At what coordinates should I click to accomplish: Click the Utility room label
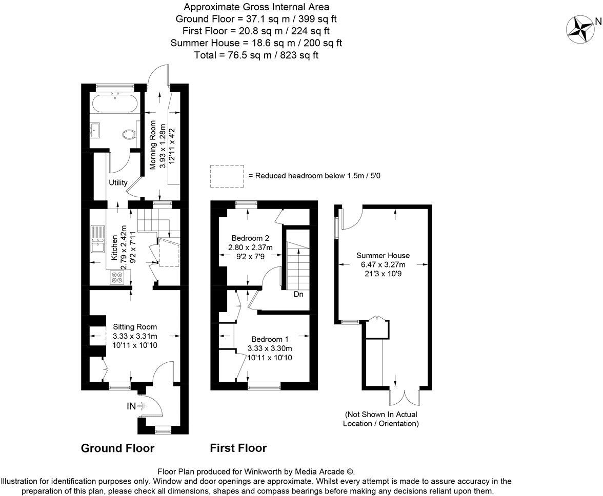pyautogui.click(x=118, y=182)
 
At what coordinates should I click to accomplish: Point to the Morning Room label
pyautogui.click(x=152, y=144)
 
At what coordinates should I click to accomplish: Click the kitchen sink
pyautogui.click(x=97, y=240)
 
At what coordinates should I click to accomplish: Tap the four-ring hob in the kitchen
pyautogui.click(x=117, y=277)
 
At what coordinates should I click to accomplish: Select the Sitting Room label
pyautogui.click(x=135, y=327)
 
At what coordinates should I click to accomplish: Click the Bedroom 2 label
pyautogui.click(x=250, y=238)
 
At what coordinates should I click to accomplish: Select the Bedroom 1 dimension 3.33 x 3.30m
pyautogui.click(x=270, y=348)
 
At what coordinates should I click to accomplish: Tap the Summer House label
pyautogui.click(x=383, y=255)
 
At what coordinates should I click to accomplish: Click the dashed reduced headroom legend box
pyautogui.click(x=227, y=176)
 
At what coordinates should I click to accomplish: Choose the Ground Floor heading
pyautogui.click(x=117, y=448)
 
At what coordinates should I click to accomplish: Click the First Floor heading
pyautogui.click(x=238, y=448)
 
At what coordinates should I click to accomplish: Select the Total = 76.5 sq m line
pyautogui.click(x=256, y=55)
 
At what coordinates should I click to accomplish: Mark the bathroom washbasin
pyautogui.click(x=97, y=131)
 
